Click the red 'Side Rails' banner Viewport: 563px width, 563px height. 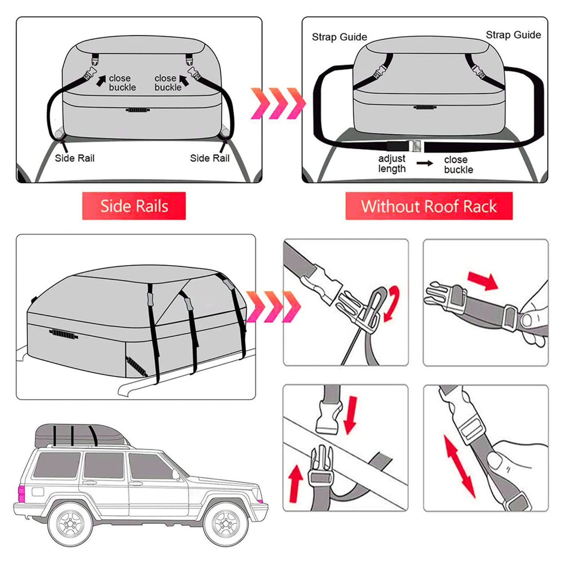point(134,206)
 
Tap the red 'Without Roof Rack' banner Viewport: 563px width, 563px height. point(429,206)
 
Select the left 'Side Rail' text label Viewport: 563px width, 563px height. point(74,158)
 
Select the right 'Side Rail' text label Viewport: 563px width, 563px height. point(210,158)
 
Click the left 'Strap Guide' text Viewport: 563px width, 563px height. point(339,37)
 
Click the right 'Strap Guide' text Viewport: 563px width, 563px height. point(513,35)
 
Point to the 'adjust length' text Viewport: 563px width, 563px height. point(392,164)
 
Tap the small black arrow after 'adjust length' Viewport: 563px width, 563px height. point(425,163)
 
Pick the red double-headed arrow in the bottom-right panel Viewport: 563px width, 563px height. point(460,466)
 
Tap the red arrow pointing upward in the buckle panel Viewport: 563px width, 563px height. point(296,483)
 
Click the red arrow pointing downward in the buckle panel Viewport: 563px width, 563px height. point(350,415)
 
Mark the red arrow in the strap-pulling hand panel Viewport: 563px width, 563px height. point(483,281)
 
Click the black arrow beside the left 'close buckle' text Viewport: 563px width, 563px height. point(101,81)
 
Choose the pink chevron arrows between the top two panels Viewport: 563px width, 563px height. point(277,103)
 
